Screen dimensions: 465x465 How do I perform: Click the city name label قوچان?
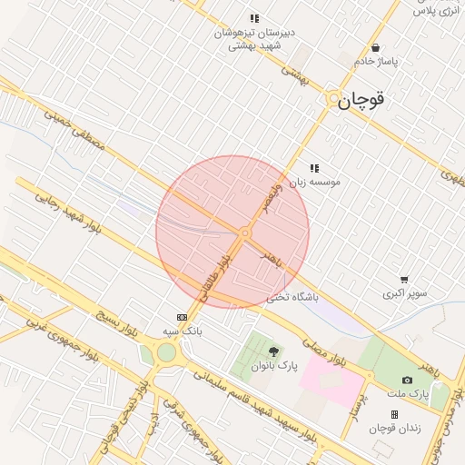(361, 102)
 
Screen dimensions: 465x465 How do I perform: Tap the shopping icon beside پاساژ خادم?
(375, 48)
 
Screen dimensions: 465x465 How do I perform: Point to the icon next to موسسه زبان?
(314, 168)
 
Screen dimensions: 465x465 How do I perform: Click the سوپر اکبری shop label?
(404, 293)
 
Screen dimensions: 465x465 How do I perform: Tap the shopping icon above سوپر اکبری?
(404, 280)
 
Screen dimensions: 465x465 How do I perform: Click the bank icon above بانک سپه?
(182, 317)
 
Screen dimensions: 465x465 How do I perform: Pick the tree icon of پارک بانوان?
(274, 351)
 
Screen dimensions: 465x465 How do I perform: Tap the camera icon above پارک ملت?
(407, 380)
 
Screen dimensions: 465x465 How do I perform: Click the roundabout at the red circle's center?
(244, 233)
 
